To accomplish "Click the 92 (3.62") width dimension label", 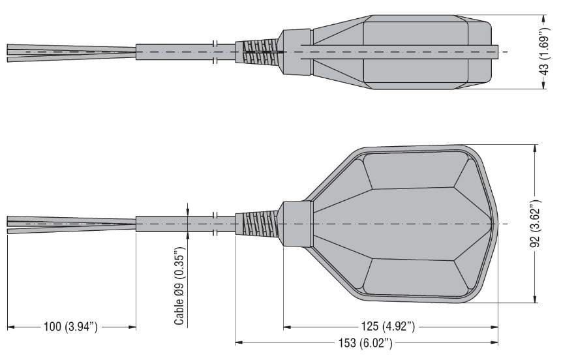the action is point(536,224).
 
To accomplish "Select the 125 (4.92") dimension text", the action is point(387,326).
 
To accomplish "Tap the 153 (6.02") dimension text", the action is point(365,343).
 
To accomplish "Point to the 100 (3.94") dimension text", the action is point(70,326).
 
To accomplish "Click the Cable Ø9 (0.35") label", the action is point(179,286).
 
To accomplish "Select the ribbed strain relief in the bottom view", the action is point(256,223).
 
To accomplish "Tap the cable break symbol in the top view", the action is point(215,52).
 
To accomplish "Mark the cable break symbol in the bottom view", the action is point(215,224).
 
